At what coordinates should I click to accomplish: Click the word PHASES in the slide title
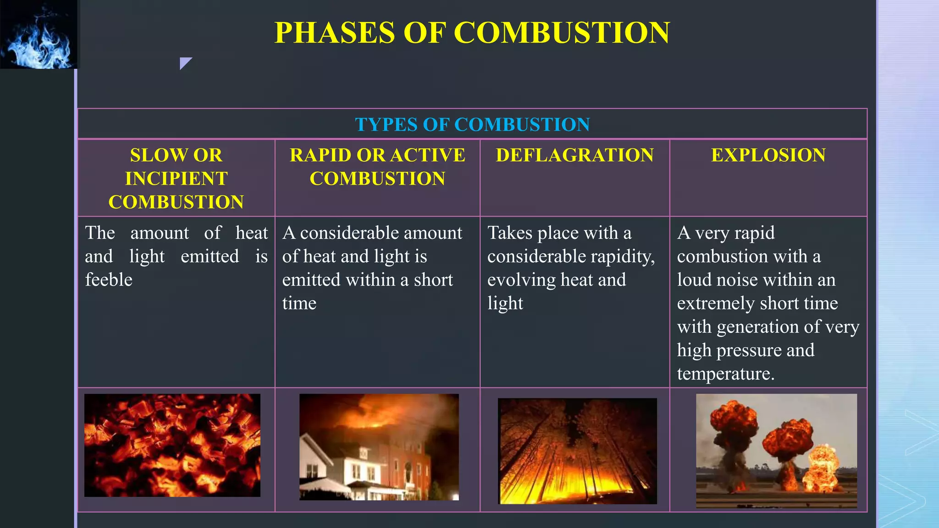coord(334,33)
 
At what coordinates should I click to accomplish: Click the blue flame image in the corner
coord(39,34)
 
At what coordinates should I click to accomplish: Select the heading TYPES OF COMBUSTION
coord(472,125)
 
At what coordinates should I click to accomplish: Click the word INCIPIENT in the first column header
coord(176,178)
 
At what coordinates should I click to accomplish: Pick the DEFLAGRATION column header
coord(574,155)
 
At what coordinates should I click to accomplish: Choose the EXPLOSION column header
coord(768,155)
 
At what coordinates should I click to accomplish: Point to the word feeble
coord(109,280)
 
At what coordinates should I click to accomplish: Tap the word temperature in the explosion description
coord(725,374)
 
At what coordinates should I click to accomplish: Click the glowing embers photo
coord(172,445)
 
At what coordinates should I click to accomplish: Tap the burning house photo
coord(379,447)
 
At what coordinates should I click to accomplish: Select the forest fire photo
coord(577,451)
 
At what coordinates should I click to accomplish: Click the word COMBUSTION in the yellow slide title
coord(562,33)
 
